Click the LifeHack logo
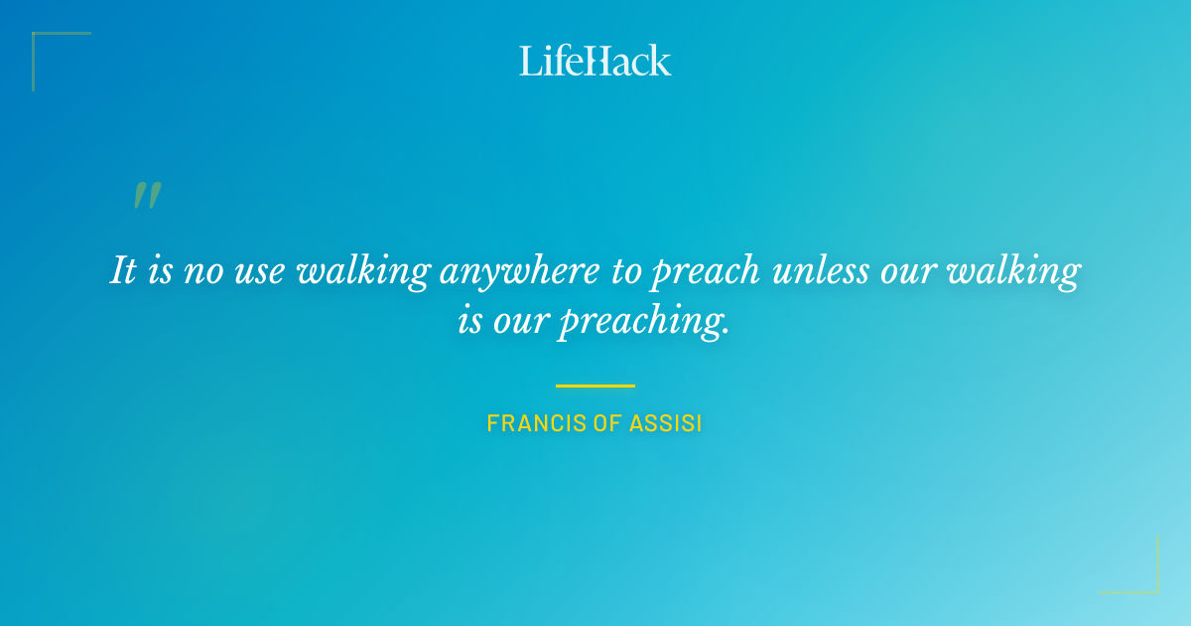[595, 61]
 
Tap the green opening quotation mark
[147, 196]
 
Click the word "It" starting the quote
[123, 270]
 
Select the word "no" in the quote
[204, 270]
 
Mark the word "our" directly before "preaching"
[521, 323]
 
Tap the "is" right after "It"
[160, 270]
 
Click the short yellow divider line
[595, 386]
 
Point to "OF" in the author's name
[604, 423]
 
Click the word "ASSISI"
[667, 423]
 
